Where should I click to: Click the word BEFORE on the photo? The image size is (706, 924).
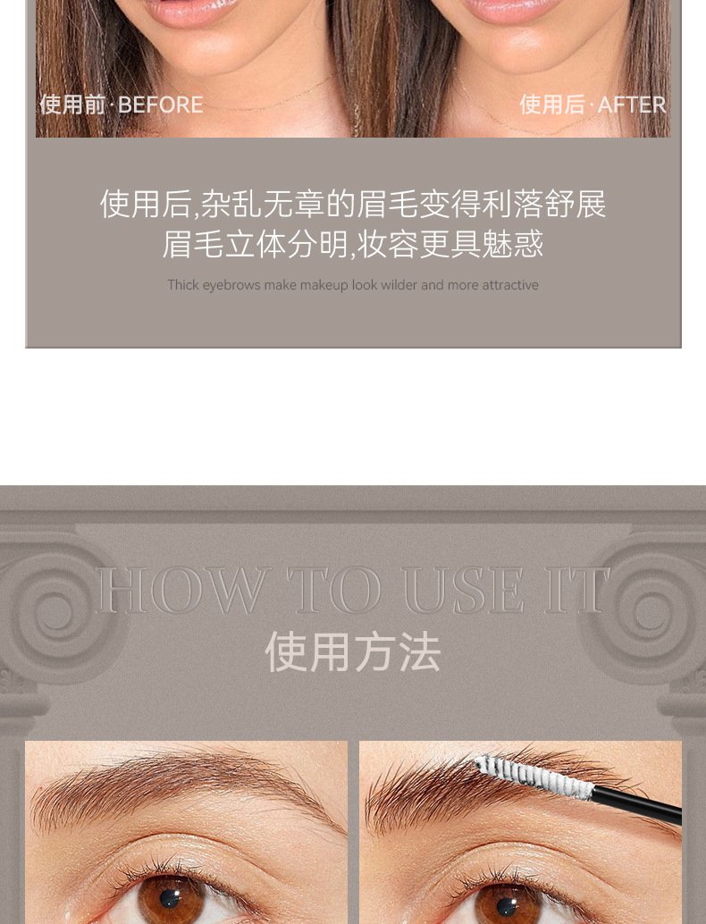tap(160, 105)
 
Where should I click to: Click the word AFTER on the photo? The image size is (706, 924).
tap(631, 105)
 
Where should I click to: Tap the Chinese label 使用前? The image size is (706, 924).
tap(72, 105)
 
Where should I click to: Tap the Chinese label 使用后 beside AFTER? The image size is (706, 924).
tap(552, 105)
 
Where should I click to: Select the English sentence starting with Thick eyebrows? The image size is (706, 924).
tap(353, 285)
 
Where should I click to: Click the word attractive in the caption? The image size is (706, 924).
tap(510, 285)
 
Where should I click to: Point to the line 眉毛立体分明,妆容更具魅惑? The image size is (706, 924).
tap(352, 244)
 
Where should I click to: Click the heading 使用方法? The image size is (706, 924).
tap(353, 651)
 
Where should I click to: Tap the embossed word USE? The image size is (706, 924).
tap(463, 590)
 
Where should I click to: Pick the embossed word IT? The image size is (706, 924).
tap(576, 590)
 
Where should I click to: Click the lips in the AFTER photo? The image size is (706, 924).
tap(514, 9)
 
